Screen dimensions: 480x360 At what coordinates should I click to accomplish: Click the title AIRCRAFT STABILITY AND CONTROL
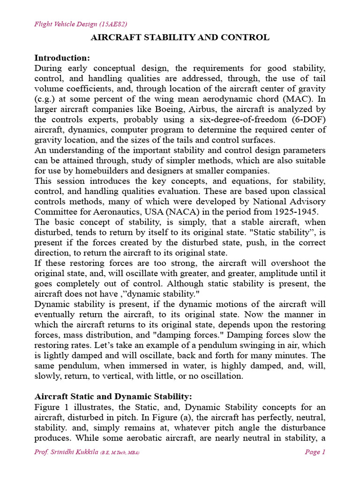180,37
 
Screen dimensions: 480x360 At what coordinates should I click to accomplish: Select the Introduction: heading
62,58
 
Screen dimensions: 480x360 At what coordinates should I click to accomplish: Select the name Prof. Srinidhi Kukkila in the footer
66,452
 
